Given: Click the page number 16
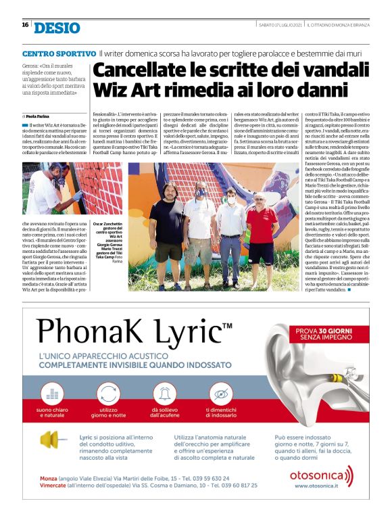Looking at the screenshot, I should pos(25,25).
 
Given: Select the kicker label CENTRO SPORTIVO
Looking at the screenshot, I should pos(59,53).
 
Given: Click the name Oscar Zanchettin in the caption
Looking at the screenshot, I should pos(108,222).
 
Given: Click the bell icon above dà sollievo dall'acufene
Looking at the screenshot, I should pos(164,393).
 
